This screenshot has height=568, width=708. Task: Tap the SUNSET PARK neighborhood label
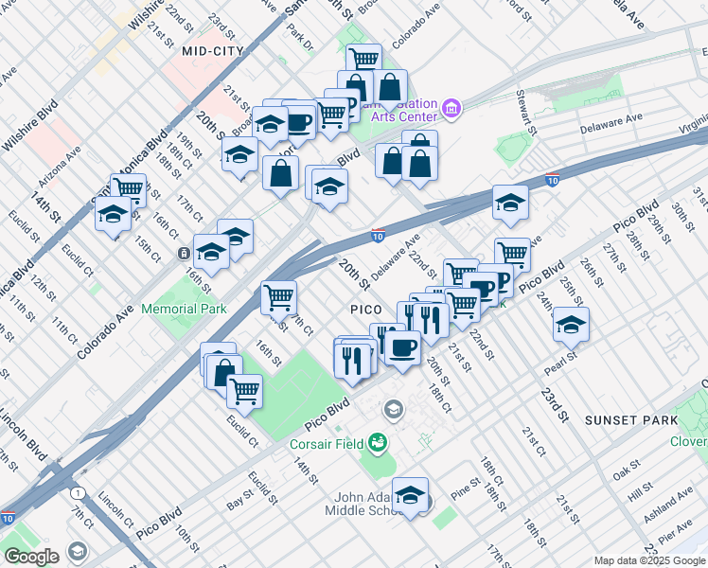[630, 419]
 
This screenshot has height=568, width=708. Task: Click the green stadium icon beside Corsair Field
[379, 441]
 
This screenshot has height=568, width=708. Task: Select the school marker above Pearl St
[571, 325]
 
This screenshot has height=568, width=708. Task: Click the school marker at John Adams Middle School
[410, 494]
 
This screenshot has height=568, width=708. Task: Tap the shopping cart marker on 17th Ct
[279, 297]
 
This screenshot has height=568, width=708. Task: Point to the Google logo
[31, 557]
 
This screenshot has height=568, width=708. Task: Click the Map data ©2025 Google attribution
[649, 560]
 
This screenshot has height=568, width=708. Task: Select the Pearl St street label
[559, 363]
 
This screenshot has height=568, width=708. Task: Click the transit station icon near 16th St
[183, 254]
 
